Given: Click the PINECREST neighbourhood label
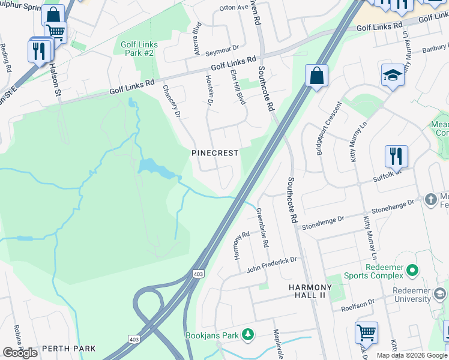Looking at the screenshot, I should tap(215, 153).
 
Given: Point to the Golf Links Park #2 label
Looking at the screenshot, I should tap(139, 49).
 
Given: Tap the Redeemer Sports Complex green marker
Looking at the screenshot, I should tap(412, 271).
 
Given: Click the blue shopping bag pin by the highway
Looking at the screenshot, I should tap(316, 76).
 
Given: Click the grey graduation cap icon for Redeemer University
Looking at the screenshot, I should tap(440, 294).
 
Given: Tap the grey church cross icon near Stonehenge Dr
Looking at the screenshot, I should tap(430, 199).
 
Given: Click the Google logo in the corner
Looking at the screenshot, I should tap(20, 353).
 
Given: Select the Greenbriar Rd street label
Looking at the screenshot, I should tap(262, 228).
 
